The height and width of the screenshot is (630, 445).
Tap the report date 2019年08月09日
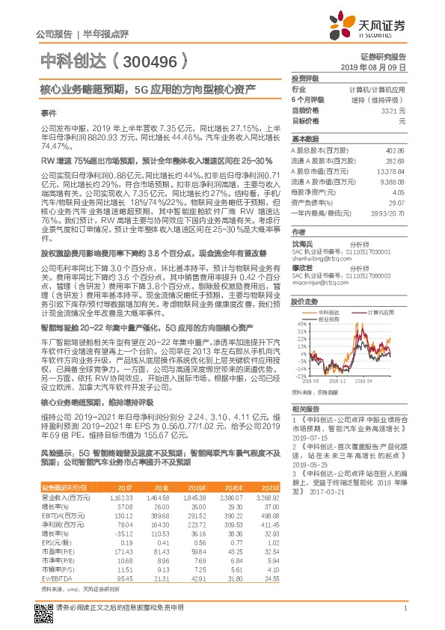[x=378, y=67]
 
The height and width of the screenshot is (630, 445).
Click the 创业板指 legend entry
[x=330, y=319]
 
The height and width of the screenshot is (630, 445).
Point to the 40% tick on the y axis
[x=301, y=324]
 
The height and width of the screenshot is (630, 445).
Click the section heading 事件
[x=49, y=113]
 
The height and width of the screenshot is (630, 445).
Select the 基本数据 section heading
[x=305, y=139]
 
